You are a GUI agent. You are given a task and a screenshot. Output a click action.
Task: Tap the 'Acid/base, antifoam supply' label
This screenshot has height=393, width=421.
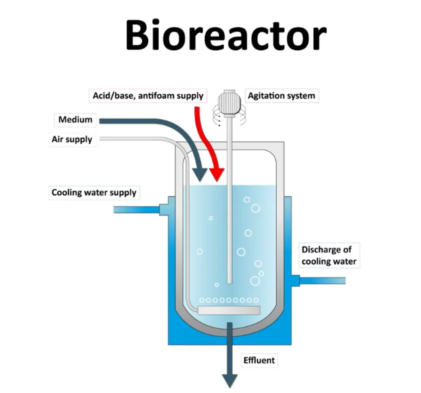point(147,96)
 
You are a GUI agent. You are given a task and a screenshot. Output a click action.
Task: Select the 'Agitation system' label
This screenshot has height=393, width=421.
point(281,96)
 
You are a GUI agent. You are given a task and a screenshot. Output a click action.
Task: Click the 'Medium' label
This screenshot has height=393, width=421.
point(75,120)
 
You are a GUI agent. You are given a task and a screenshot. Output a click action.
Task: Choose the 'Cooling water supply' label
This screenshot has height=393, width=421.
point(94,192)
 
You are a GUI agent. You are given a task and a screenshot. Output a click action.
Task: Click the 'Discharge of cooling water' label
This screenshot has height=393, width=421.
point(328,255)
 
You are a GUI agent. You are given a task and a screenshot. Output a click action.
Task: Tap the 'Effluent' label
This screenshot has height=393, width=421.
point(259,360)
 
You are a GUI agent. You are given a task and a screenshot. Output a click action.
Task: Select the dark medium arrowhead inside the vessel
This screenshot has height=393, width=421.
point(201,175)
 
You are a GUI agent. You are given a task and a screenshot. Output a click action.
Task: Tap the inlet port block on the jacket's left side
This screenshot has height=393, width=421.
point(164,206)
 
